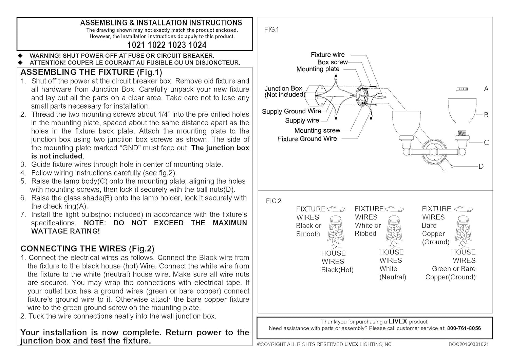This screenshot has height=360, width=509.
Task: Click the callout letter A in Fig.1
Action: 486,89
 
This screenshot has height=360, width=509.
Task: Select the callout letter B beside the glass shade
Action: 486,115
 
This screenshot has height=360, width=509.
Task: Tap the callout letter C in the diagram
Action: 486,143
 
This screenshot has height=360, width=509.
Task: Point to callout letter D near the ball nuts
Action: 481,167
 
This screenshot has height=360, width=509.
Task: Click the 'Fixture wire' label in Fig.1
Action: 327,55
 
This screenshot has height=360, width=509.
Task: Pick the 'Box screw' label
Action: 332,62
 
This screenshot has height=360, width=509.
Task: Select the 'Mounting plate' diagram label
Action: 318,69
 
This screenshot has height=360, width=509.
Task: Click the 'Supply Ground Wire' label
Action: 291,111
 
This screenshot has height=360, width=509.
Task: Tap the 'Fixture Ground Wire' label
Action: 307,139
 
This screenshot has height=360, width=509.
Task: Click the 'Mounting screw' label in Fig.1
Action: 317,131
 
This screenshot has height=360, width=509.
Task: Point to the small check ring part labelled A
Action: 462,89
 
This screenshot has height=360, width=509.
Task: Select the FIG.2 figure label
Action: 274,201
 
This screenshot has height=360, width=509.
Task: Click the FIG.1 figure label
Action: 271,30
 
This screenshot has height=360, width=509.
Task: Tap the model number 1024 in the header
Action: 197,45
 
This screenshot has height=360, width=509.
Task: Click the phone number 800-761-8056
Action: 464,328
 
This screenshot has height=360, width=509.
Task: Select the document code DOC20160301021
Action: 469,344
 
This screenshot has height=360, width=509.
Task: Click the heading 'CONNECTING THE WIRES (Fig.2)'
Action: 87,249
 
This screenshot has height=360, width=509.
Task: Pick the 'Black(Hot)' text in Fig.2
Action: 337,270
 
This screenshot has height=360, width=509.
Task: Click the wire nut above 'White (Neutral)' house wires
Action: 393,228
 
